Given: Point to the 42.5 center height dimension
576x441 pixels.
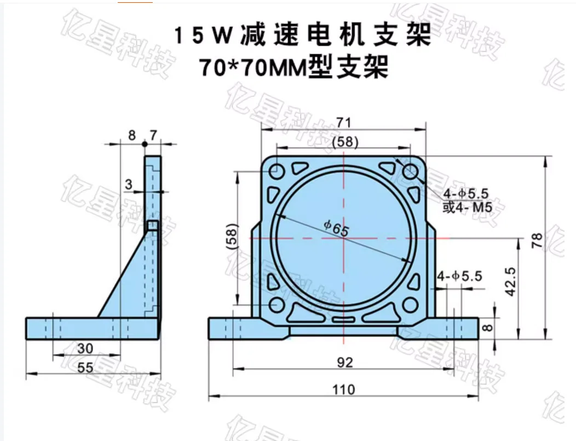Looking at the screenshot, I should point(510,282).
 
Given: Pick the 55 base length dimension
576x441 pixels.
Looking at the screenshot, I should point(85,368).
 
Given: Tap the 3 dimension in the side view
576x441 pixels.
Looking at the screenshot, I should point(128,185).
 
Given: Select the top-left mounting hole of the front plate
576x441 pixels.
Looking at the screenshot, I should point(277,172).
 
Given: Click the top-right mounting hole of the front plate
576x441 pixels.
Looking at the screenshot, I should point(410,172).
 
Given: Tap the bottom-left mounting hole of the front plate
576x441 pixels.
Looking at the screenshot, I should point(277,305).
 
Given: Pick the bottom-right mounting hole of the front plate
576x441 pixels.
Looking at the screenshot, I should point(410,305).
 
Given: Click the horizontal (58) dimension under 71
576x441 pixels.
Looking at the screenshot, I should point(345,141).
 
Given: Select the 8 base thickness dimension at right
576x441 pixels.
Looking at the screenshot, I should point(488,328).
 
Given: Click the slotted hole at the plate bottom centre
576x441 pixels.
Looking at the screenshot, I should point(343,319).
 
